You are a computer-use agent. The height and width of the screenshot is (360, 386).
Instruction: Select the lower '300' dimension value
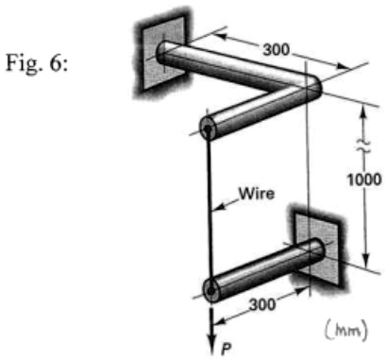click(260, 303)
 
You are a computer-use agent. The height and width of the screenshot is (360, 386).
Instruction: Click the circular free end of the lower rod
click(210, 287)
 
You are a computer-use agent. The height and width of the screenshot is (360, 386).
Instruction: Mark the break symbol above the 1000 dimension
click(364, 145)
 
